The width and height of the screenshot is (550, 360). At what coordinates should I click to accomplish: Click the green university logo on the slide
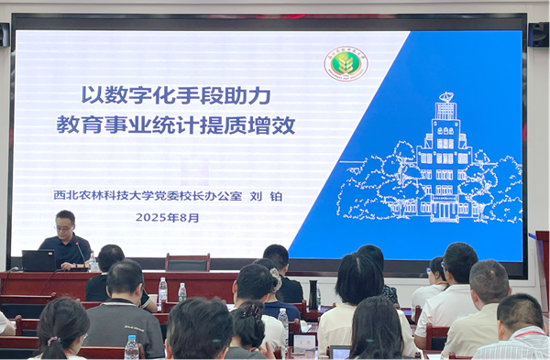(346, 64)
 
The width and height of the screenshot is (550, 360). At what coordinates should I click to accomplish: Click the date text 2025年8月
(167, 218)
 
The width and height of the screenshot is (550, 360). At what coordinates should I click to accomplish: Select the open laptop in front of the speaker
(38, 260)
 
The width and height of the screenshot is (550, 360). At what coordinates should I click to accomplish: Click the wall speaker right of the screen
(539, 35)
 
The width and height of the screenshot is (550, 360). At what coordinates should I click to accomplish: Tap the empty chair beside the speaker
(187, 263)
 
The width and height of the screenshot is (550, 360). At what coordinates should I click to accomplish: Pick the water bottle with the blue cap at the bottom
(132, 348)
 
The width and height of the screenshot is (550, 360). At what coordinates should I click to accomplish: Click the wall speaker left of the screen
(4, 35)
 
